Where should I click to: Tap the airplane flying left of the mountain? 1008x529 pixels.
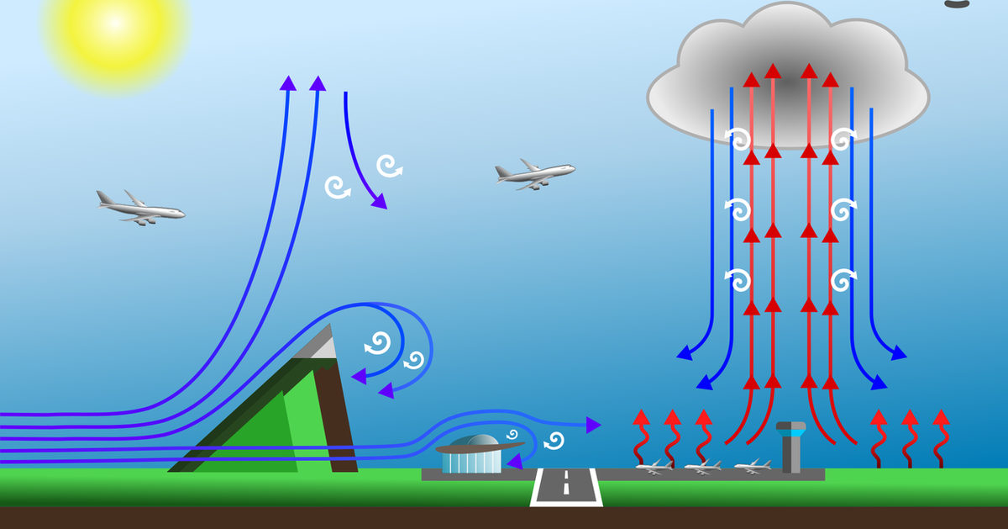tap(140, 207)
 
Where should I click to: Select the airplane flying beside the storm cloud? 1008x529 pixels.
tap(535, 173)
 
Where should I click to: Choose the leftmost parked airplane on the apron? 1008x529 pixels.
tap(654, 467)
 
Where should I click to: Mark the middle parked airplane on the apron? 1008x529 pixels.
tap(702, 467)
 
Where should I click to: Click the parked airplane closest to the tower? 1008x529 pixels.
tap(752, 466)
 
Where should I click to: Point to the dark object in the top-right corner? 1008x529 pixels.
tap(957, 3)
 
